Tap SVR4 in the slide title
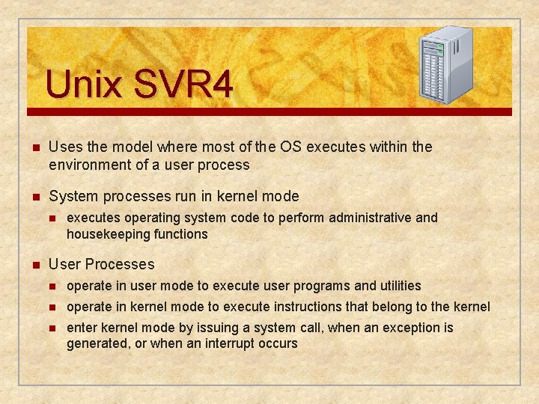tap(183, 85)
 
